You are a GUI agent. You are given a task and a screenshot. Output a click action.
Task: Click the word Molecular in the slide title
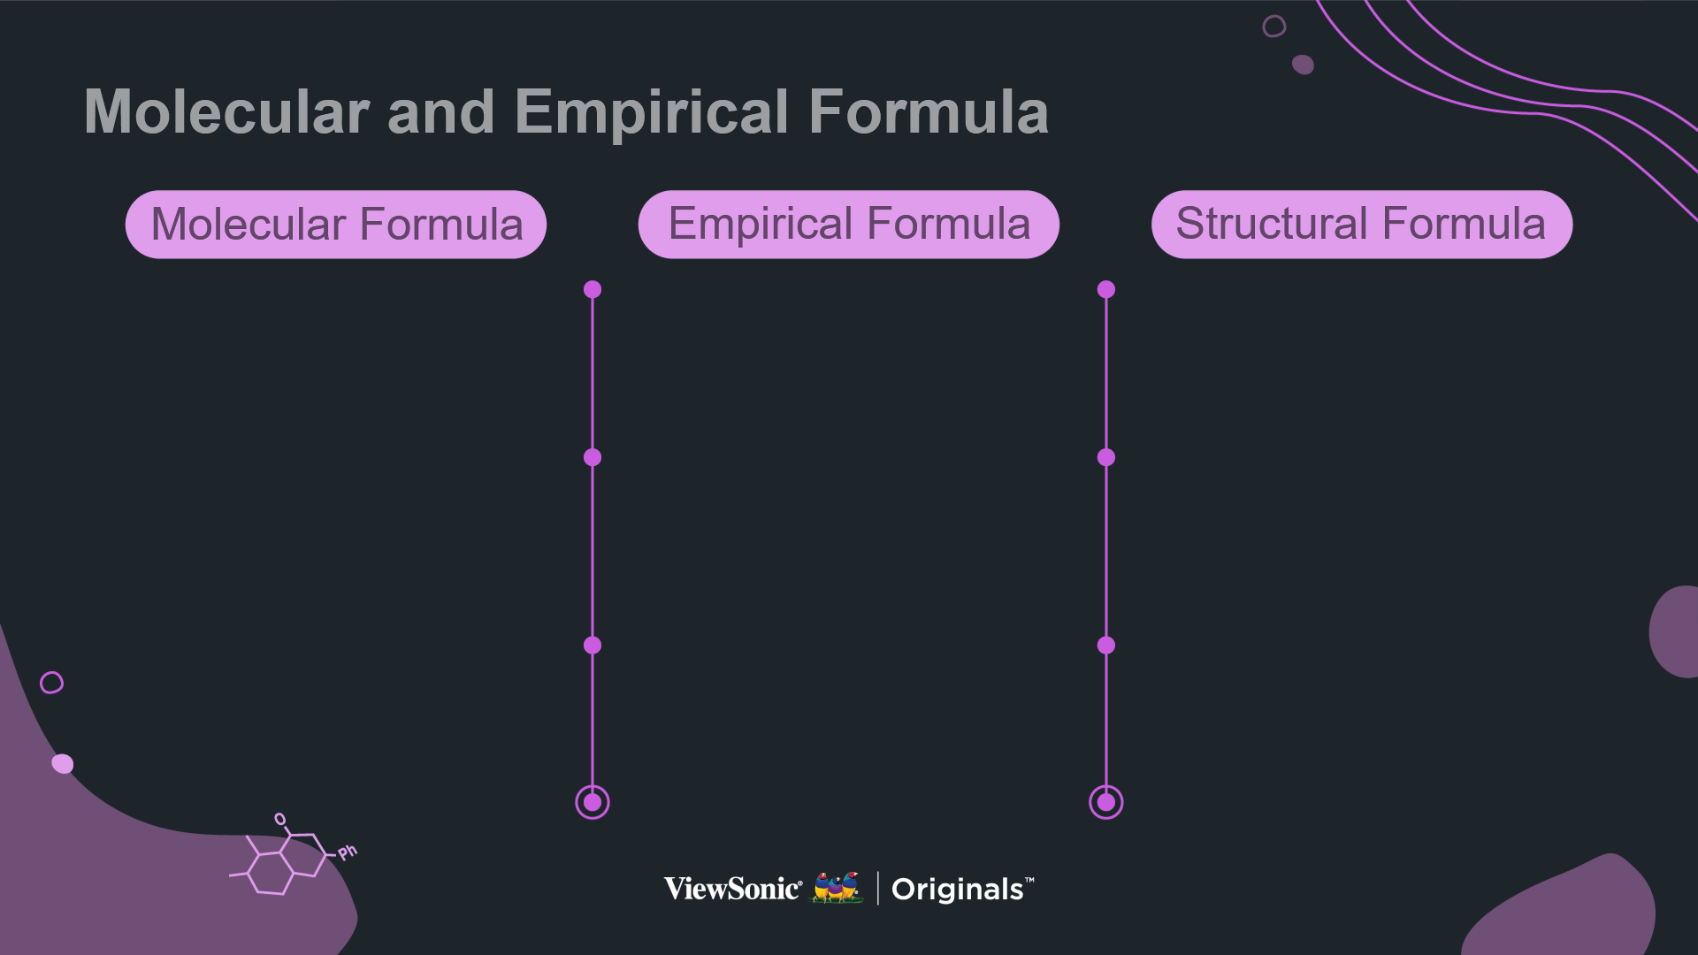coord(226,112)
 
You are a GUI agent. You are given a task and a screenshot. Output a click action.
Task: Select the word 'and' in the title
coord(440,112)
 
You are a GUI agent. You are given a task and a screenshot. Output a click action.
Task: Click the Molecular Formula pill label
coord(336,225)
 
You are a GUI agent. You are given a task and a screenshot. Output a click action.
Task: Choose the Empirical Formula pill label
coord(849,225)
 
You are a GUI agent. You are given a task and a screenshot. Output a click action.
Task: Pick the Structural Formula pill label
coord(1362,225)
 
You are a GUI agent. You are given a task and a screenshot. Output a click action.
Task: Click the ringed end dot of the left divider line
coord(593,802)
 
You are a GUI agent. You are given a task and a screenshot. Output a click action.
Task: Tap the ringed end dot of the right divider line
coord(1106,802)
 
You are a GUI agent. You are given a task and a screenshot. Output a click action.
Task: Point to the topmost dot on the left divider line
coord(593,289)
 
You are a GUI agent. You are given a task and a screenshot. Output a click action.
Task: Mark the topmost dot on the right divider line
coord(1106,289)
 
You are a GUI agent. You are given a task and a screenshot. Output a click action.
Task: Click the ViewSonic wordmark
coord(733,889)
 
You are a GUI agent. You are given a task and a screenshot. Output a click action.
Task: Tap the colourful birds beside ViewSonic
coord(837,888)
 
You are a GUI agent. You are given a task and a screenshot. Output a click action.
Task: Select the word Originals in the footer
coord(958,890)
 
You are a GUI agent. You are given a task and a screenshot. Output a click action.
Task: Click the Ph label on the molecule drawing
coord(348,852)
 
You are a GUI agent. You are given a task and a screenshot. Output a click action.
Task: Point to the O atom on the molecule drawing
coord(280,820)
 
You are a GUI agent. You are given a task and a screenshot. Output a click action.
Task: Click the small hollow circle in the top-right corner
coord(1274,27)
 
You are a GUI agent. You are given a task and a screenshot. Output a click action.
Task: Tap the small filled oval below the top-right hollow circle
coord(1303,65)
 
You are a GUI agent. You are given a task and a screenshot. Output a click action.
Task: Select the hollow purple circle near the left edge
coord(52,683)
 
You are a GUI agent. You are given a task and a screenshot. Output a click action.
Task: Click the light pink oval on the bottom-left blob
coord(63,764)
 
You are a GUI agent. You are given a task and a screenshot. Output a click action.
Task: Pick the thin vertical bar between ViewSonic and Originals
coord(878,889)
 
